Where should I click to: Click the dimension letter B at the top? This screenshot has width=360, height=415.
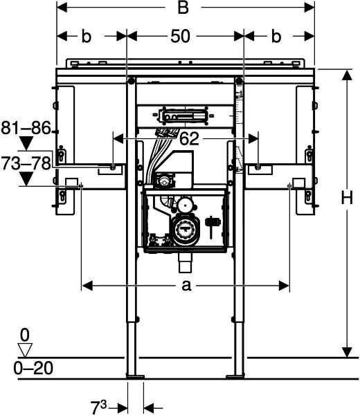[183, 8]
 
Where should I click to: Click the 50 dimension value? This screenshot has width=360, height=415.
[180, 36]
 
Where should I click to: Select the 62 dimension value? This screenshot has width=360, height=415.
[189, 138]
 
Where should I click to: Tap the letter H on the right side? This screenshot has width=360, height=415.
[347, 198]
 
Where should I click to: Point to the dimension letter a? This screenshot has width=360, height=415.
[186, 286]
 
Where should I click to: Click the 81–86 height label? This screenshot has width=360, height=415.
[26, 128]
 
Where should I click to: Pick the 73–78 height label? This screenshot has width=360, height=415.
[26, 163]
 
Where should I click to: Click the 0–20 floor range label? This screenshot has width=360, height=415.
[33, 368]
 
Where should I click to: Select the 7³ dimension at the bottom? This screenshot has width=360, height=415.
[98, 407]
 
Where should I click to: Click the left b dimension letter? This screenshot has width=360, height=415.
[86, 36]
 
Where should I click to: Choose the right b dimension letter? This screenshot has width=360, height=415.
[276, 36]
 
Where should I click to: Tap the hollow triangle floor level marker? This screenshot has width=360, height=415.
[25, 350]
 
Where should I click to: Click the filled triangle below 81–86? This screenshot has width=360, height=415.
[27, 143]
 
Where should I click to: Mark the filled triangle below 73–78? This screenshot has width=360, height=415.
[27, 179]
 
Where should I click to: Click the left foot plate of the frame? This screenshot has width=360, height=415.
[136, 377]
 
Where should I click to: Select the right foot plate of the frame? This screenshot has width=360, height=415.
[235, 377]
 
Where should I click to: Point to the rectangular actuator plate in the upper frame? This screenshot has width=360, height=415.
[184, 116]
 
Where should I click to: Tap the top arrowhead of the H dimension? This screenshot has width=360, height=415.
[347, 75]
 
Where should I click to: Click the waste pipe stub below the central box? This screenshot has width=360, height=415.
[185, 263]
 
